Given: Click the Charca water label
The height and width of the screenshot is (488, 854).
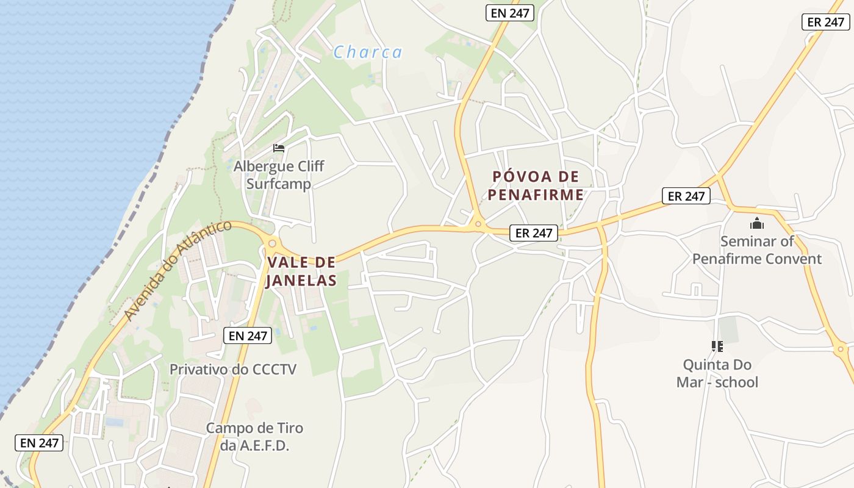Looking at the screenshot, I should pos(368,52).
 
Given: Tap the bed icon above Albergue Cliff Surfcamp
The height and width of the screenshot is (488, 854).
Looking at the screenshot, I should pos(279,148).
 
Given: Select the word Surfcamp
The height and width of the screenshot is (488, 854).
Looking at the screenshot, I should pos(279,184).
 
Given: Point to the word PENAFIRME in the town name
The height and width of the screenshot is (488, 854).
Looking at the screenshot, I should pos(536,195).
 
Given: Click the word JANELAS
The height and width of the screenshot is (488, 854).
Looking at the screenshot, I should pos(301,281).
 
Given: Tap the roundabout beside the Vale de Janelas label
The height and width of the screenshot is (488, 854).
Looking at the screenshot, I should pos(272,243).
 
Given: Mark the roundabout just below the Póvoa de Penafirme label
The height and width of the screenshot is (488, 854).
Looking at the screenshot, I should pos(478,224).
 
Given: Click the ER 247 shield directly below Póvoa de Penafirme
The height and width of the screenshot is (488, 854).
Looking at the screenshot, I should pos(534,232).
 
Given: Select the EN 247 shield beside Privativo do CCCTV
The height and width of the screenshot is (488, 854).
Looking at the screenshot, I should pos(247,335).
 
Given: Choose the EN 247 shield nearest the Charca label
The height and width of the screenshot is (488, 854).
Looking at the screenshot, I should pos(510,13).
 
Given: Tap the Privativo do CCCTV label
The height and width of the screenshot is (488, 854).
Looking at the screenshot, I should pos(232,369).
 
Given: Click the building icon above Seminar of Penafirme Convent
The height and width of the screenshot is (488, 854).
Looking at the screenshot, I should pos(757,223).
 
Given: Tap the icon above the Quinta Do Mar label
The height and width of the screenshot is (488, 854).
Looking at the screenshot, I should pos(717,346).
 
